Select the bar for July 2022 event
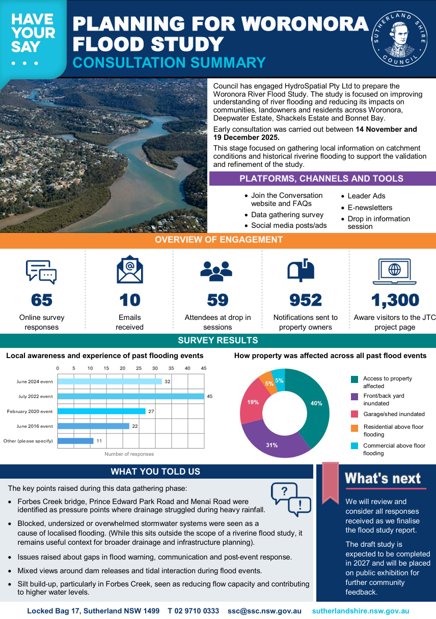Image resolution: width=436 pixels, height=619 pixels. [x=131, y=396]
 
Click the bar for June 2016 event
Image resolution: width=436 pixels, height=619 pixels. [x=93, y=426]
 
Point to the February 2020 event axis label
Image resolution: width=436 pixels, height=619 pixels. [x=30, y=411]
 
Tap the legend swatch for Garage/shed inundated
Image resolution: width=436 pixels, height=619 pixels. [x=355, y=414]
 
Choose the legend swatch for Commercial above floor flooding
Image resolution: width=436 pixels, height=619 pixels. [x=355, y=446]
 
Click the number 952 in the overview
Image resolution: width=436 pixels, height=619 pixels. [x=306, y=300]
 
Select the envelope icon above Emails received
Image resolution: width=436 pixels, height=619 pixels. [x=129, y=270]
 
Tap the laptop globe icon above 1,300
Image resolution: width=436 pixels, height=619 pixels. [x=394, y=271]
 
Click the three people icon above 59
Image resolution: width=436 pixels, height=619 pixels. [x=217, y=271]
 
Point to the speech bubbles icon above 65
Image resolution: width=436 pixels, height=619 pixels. [x=41, y=271]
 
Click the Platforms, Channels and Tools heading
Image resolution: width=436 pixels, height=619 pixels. [x=321, y=179]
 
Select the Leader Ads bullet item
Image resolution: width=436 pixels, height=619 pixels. [x=366, y=196]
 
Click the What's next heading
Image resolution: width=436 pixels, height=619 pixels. [x=383, y=478]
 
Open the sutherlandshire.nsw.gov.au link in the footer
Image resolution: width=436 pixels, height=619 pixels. [x=360, y=611]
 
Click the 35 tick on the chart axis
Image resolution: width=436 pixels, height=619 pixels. [x=171, y=368]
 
